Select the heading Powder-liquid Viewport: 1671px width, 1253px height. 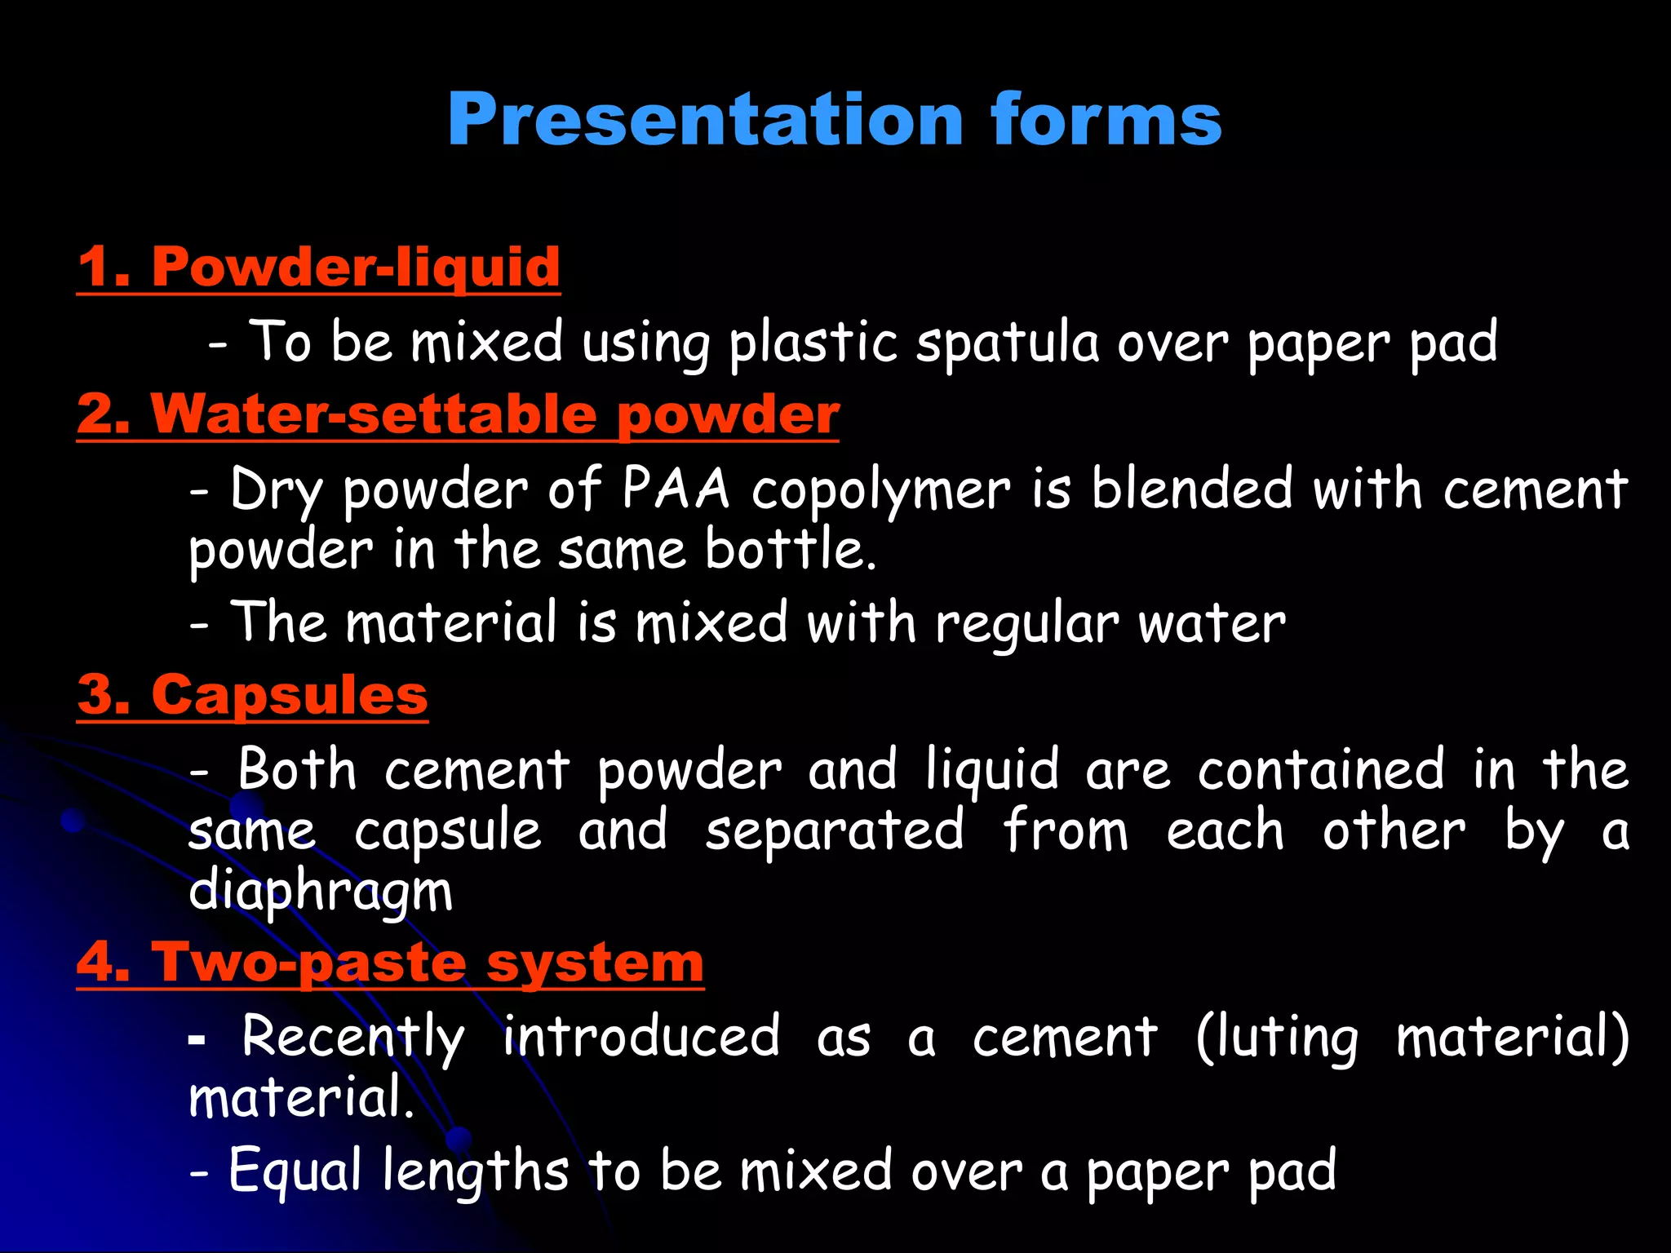[x=356, y=267]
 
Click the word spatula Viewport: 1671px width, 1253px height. [x=1008, y=342]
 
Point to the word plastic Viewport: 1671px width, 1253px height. [x=813, y=342]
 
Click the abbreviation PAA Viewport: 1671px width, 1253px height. [x=676, y=489]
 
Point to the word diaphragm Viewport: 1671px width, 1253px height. [x=320, y=891]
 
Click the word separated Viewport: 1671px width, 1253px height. [x=834, y=830]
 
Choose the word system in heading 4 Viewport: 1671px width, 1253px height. [x=595, y=963]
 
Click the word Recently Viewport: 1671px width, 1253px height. [x=353, y=1038]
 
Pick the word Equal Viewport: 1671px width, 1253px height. [x=295, y=1171]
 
